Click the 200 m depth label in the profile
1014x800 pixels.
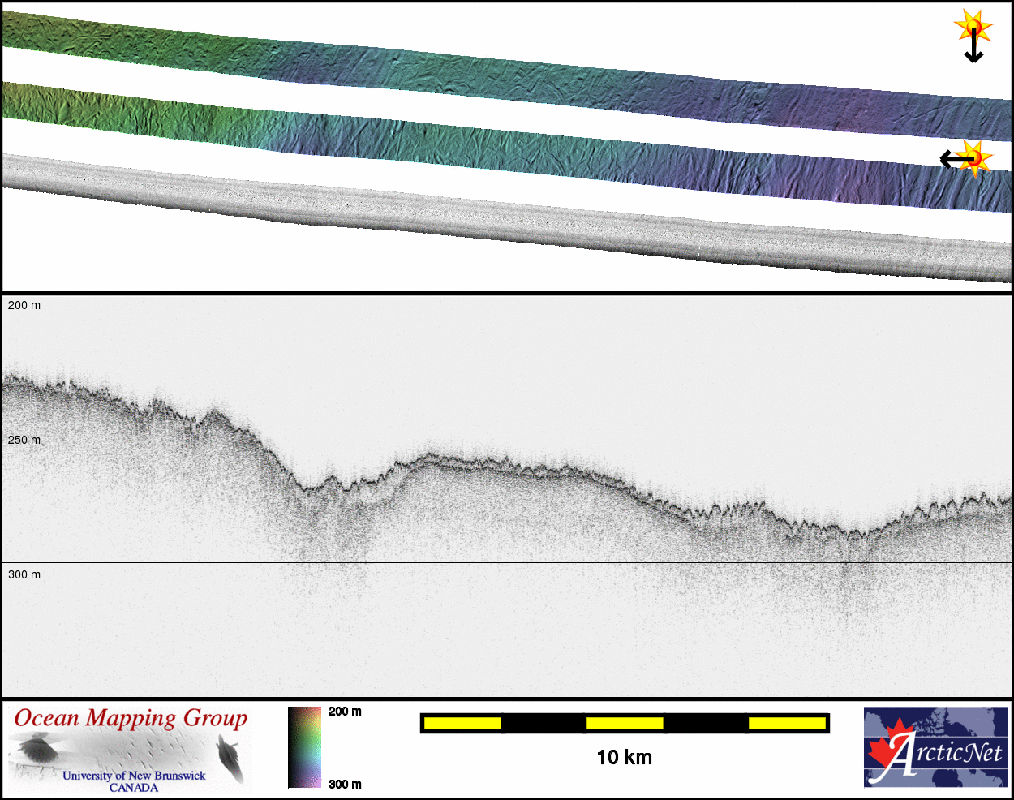pos(24,306)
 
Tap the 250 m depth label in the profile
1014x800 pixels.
pos(24,441)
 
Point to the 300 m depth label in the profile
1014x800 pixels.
pos(24,574)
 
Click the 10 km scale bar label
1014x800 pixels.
pos(625,758)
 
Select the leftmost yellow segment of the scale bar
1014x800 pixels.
pos(462,723)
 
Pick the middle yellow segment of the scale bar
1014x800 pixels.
pos(625,723)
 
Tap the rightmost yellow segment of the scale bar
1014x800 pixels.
pos(787,723)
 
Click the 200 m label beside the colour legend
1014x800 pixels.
pos(345,712)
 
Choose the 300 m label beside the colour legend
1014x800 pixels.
pos(345,785)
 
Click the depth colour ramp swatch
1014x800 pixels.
pos(304,747)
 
